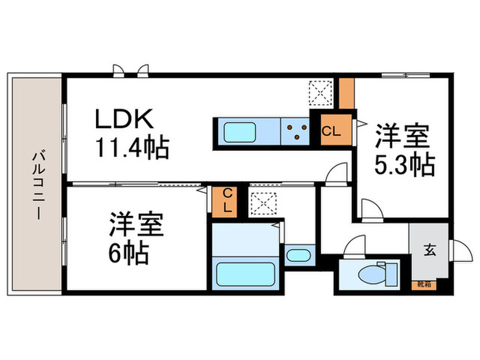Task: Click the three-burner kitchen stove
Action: [x=296, y=130]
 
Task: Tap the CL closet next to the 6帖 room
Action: [x=225, y=199]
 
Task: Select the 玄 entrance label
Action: [x=429, y=250]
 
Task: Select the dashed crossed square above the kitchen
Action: [x=320, y=93]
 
